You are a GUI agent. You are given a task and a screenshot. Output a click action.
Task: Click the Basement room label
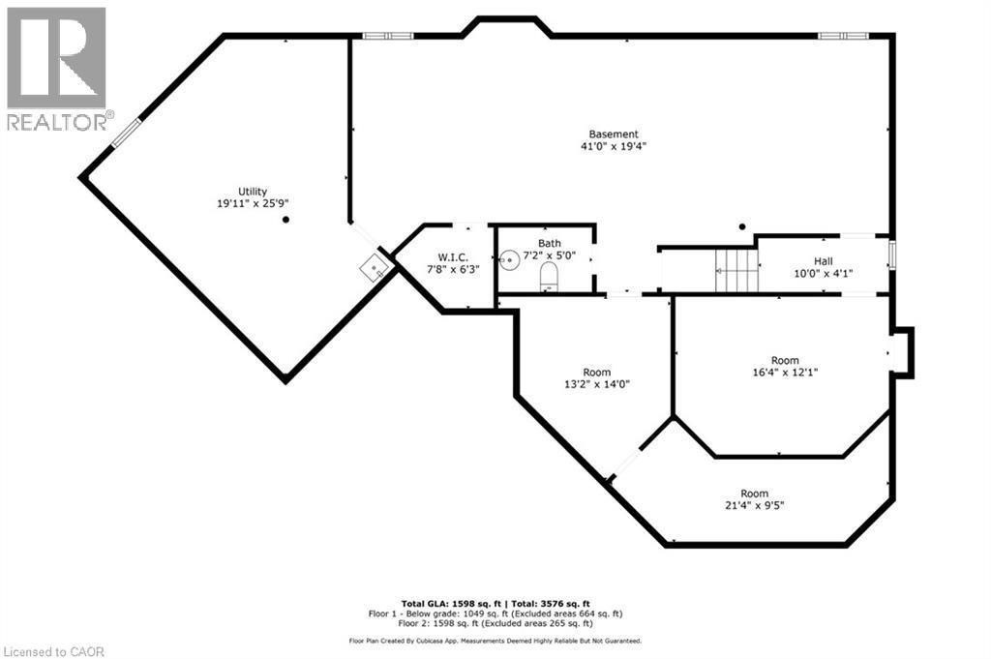(614, 135)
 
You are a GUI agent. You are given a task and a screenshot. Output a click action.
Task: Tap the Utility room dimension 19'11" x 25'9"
(254, 203)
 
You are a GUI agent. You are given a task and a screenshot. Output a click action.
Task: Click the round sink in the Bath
(510, 260)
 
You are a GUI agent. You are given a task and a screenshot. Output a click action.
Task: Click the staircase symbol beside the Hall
(736, 269)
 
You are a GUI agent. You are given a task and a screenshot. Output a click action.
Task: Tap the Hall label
(823, 260)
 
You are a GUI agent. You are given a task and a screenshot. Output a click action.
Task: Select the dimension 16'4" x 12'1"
(785, 373)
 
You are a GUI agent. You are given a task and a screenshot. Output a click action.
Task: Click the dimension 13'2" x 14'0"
(597, 384)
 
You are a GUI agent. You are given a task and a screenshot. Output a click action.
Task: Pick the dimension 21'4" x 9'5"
(755, 505)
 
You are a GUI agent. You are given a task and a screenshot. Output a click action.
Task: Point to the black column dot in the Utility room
(285, 220)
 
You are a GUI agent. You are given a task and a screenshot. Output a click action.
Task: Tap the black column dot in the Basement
(742, 226)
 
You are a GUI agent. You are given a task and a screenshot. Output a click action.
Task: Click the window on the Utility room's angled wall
(127, 134)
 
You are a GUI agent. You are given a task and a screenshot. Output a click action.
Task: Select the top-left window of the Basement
(388, 36)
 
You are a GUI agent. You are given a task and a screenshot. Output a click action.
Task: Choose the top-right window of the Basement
(842, 36)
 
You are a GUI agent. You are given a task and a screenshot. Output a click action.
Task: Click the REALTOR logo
(57, 69)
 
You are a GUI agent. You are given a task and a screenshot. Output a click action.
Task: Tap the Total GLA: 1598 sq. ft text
(448, 603)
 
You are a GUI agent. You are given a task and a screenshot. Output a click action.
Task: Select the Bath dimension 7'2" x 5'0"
(550, 255)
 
